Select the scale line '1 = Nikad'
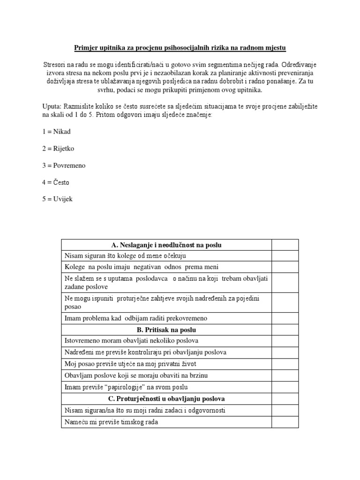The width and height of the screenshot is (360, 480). point(56,132)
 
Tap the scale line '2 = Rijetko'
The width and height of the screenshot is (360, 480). point(58,149)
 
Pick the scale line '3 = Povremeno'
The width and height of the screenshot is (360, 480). point(64,165)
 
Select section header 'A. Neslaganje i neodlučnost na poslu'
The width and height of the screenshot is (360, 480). point(166,245)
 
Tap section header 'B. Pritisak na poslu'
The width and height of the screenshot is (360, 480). point(166,330)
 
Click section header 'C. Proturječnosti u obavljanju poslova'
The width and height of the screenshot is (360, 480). point(166,399)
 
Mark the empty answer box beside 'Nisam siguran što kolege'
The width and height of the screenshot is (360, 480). point(285,255)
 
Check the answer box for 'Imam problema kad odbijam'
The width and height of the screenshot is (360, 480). point(285,318)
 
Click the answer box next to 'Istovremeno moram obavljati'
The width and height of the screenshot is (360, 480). point(285,341)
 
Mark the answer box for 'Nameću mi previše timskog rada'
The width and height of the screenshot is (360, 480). point(285,422)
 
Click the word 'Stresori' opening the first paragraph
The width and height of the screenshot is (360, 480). point(54,64)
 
